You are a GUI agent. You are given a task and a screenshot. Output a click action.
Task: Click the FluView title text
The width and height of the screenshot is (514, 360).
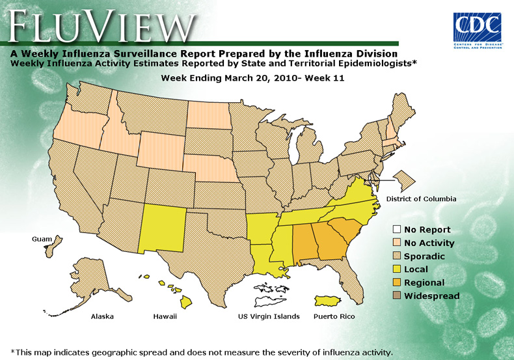tap(101, 26)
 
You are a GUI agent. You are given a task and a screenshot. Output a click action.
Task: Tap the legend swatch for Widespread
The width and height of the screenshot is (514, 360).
tap(396, 296)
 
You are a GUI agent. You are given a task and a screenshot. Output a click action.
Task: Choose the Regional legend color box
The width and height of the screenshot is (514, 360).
tap(396, 283)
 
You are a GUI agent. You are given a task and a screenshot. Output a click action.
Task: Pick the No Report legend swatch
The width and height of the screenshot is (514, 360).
tap(396, 229)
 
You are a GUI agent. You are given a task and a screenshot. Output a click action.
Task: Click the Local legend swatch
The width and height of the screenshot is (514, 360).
tap(396, 270)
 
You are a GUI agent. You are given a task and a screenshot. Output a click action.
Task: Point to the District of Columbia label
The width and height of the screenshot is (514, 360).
tap(421, 199)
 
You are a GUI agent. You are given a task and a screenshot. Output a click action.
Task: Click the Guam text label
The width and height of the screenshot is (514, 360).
tap(42, 240)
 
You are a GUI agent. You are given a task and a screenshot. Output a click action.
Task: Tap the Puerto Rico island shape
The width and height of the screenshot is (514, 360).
tap(332, 301)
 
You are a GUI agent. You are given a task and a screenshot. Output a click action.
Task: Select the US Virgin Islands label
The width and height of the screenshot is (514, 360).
tap(268, 317)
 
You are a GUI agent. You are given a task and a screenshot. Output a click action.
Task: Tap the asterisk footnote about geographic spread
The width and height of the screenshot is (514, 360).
tap(202, 352)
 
